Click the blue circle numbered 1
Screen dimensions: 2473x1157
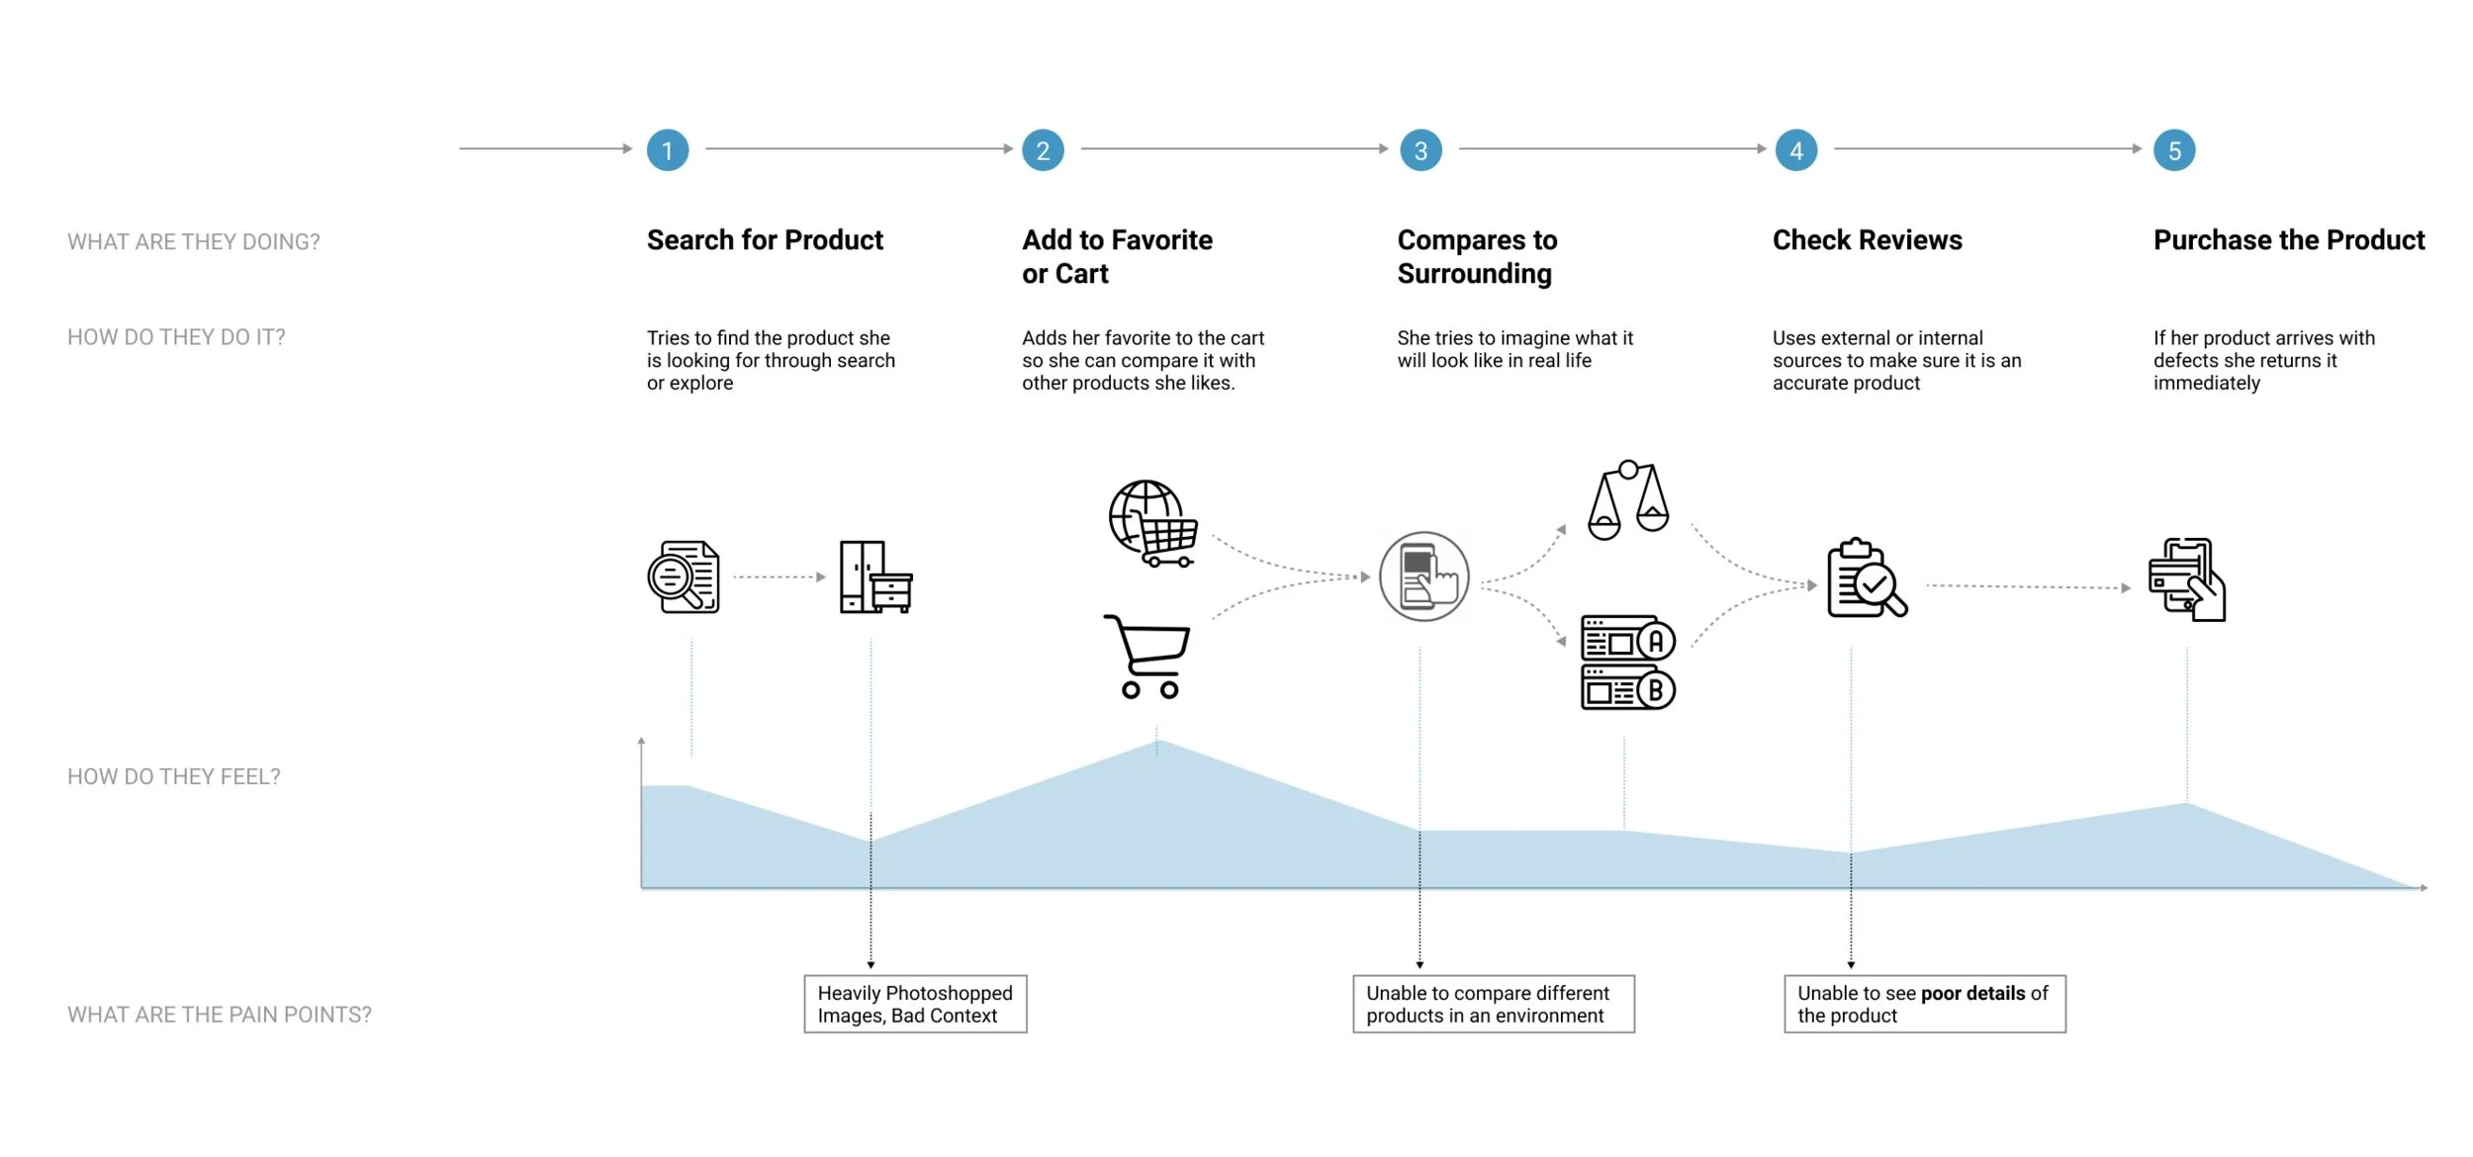pos(668,150)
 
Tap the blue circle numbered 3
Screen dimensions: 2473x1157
pos(1420,150)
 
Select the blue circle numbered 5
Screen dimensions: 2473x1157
pos(2174,150)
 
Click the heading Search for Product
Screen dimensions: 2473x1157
pos(765,240)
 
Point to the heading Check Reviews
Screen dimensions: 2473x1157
pos(1867,240)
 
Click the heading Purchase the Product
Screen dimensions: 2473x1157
pos(2289,240)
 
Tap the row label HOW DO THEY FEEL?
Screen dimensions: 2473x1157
pos(174,777)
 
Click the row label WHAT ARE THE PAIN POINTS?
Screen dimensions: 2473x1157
pos(220,1015)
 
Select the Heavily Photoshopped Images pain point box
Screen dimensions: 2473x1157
pos(915,1004)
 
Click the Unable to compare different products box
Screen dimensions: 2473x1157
pos(1493,1004)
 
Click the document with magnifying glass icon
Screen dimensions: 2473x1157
pos(684,578)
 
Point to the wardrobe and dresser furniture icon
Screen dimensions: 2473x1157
pos(875,578)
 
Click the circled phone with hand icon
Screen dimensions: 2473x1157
pos(1424,578)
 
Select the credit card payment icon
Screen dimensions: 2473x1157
pos(2187,579)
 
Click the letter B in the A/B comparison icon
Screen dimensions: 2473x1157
pos(1656,691)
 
